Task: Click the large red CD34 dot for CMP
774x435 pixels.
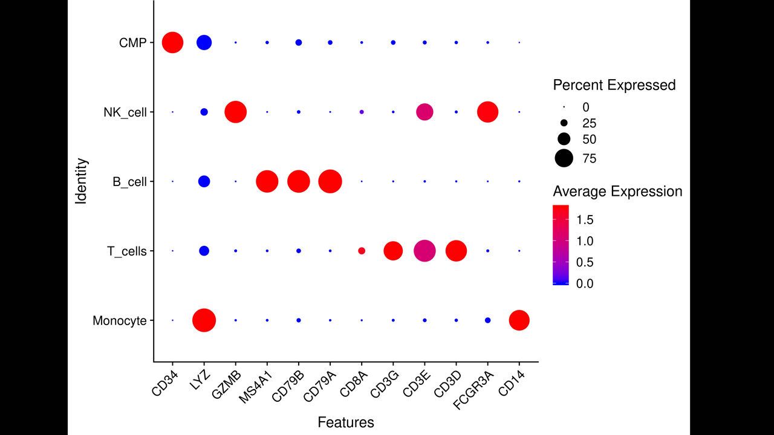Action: pyautogui.click(x=172, y=42)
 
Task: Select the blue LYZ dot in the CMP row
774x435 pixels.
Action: pyautogui.click(x=204, y=42)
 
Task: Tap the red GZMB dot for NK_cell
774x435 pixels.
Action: pyautogui.click(x=235, y=112)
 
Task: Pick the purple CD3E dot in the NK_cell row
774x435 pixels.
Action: pyautogui.click(x=424, y=112)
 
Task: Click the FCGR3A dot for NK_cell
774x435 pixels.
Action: pyautogui.click(x=487, y=112)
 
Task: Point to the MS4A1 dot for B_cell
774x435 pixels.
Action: pyautogui.click(x=267, y=181)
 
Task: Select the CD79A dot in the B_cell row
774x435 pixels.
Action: pyautogui.click(x=330, y=181)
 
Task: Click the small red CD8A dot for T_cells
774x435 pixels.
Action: pyautogui.click(x=362, y=251)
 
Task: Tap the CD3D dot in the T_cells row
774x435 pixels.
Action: pyautogui.click(x=456, y=251)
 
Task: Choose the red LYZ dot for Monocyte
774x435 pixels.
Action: pyautogui.click(x=204, y=320)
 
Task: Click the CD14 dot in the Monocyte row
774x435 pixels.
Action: pyautogui.click(x=519, y=320)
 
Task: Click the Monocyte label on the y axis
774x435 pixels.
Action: pyautogui.click(x=120, y=321)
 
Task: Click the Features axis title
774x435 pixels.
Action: pyautogui.click(x=346, y=422)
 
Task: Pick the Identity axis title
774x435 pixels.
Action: pyautogui.click(x=82, y=181)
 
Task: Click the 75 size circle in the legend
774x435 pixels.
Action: pyautogui.click(x=564, y=159)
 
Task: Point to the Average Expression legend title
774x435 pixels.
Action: pyautogui.click(x=617, y=192)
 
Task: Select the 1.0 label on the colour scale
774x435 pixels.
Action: pyautogui.click(x=585, y=241)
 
